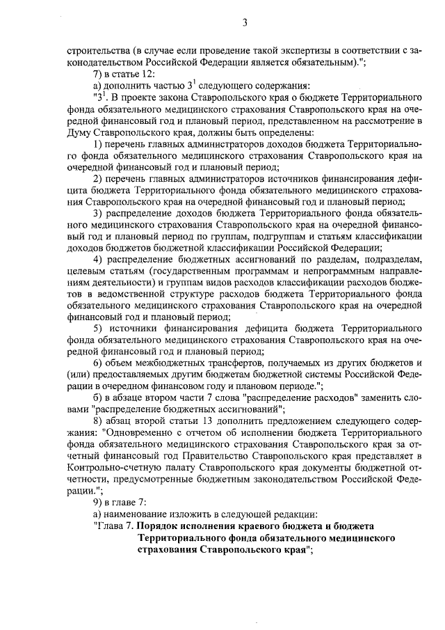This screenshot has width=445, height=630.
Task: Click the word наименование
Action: coord(136,516)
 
